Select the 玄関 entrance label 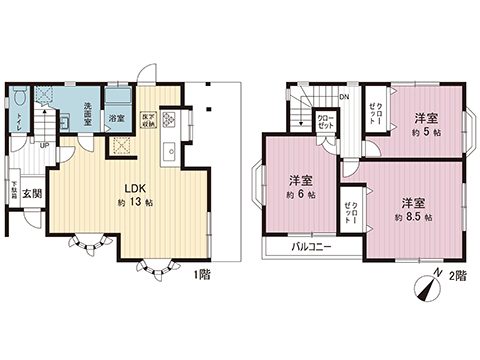pyautogui.click(x=31, y=193)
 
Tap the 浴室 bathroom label pyautogui.click(x=117, y=119)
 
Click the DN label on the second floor pyautogui.click(x=344, y=96)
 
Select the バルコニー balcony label pyautogui.click(x=313, y=245)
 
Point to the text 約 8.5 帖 pyautogui.click(x=413, y=216)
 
